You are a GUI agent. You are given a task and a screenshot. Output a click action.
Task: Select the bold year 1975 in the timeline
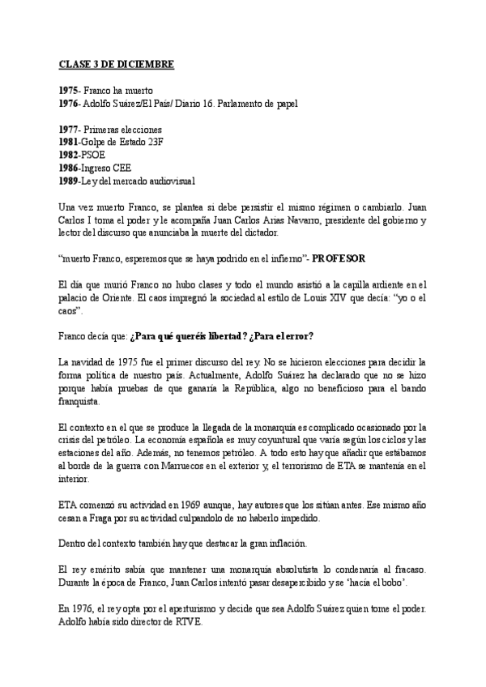pos(69,90)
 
